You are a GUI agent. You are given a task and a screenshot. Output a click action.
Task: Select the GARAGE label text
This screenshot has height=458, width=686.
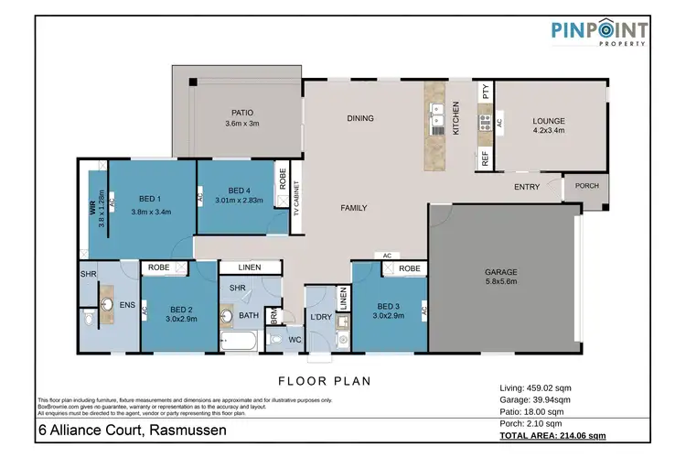[501, 272]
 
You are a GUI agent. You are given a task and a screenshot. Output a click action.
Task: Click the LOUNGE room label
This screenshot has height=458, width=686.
[550, 120]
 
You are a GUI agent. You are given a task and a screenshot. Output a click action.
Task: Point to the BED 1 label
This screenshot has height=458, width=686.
[152, 198]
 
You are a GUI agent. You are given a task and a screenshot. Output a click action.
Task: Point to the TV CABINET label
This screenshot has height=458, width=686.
[296, 200]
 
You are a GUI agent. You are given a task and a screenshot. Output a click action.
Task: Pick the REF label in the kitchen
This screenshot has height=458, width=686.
[484, 158]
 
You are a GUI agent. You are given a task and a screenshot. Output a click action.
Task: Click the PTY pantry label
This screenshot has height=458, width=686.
[484, 92]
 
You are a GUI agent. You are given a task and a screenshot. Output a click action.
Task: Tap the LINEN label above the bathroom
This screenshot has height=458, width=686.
[250, 267]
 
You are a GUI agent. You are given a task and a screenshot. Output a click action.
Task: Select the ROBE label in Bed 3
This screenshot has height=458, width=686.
[409, 269]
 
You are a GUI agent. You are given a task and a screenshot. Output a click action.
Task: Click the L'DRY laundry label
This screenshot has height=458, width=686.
[320, 317]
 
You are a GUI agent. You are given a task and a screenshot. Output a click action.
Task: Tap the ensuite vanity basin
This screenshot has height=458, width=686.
[105, 304]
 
